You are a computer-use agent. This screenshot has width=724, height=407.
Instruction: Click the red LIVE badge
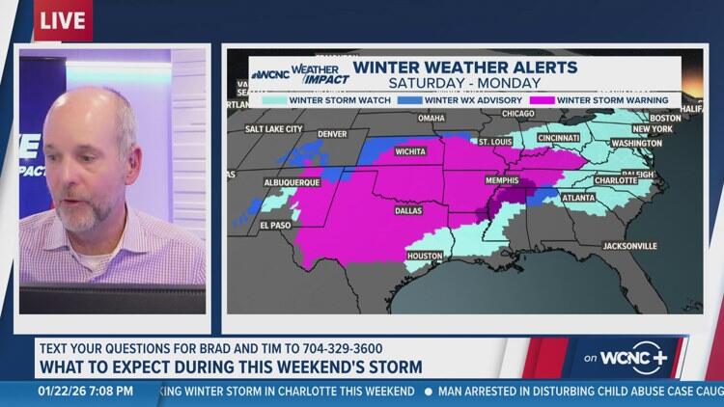[63, 20]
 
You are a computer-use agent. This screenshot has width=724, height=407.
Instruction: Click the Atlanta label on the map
[577, 198]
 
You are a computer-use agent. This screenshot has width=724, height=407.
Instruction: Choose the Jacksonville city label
[629, 246]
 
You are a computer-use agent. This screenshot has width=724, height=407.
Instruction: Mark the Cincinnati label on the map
[559, 138]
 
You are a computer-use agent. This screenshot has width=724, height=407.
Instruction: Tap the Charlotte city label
[616, 179]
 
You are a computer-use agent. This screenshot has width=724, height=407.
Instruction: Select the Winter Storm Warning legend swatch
[546, 99]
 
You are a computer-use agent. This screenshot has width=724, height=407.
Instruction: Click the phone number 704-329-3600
[324, 347]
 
